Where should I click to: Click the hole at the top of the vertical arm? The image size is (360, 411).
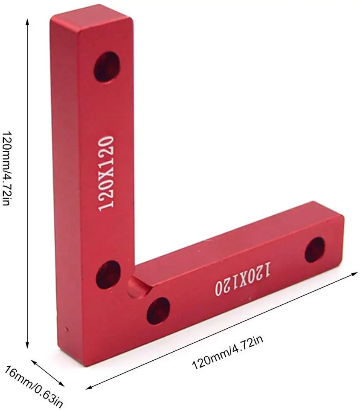tap(107, 66)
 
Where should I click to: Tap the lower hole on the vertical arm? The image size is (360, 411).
tap(107, 274)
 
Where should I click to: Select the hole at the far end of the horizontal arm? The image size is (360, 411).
tap(315, 249)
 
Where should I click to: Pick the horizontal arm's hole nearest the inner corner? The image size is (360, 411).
tap(158, 311)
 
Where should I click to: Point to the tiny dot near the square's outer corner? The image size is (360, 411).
tap(67, 328)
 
